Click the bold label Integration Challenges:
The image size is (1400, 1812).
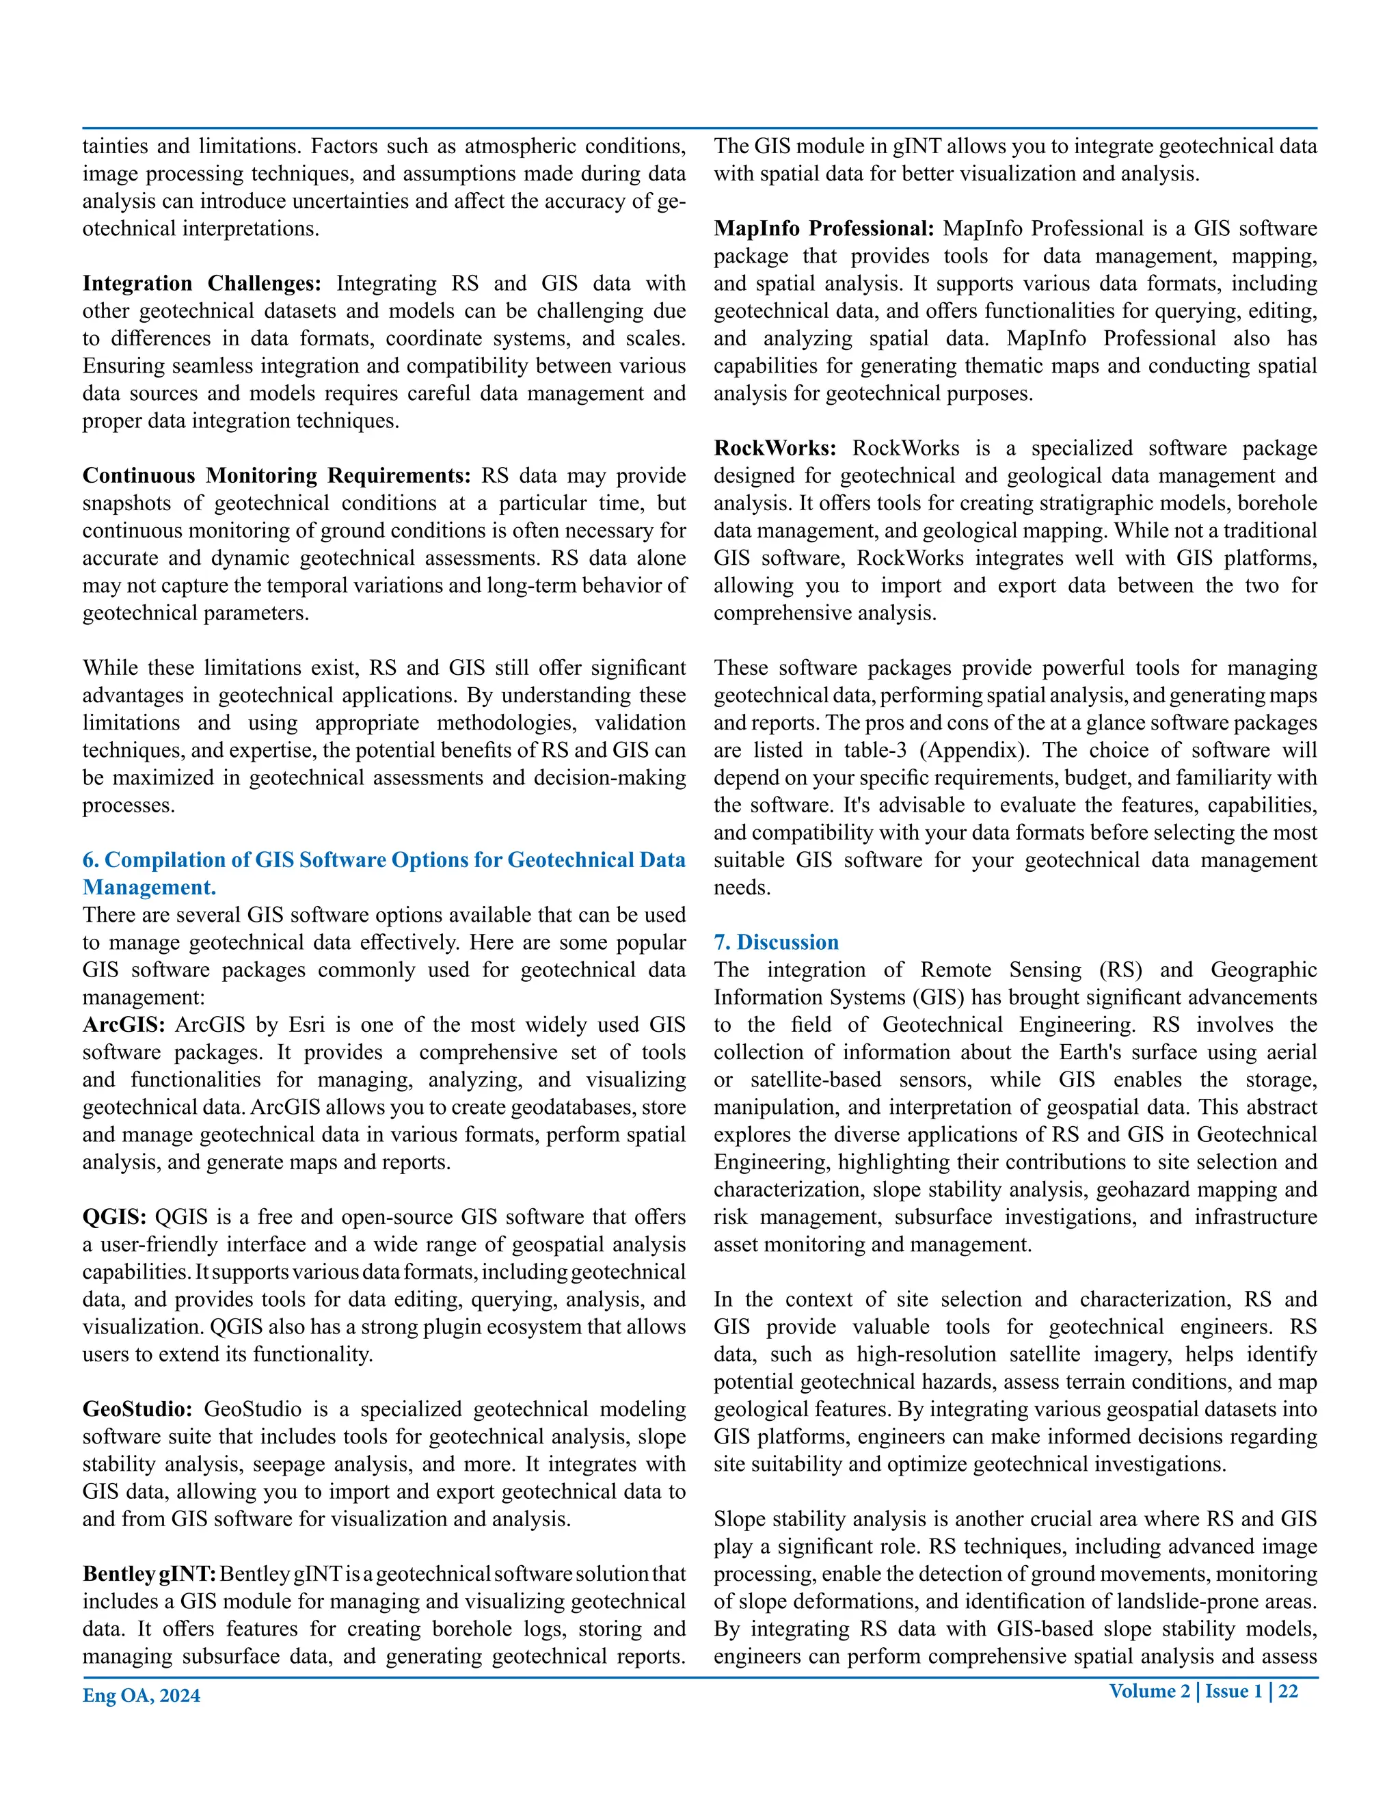[x=202, y=284]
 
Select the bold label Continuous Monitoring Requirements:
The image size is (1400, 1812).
[x=276, y=476]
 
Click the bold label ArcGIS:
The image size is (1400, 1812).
[x=124, y=1026]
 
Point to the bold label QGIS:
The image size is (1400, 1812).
[x=114, y=1217]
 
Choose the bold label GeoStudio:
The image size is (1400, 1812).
[x=137, y=1410]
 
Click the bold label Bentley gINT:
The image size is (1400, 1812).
[x=149, y=1575]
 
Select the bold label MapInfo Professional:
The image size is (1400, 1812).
[x=824, y=229]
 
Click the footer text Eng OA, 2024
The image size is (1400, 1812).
[x=141, y=1696]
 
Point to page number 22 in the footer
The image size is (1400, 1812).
[x=1288, y=1692]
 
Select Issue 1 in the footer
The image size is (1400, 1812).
[x=1233, y=1692]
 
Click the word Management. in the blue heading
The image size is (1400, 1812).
[x=149, y=888]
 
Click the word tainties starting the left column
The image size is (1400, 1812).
[x=113, y=147]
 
